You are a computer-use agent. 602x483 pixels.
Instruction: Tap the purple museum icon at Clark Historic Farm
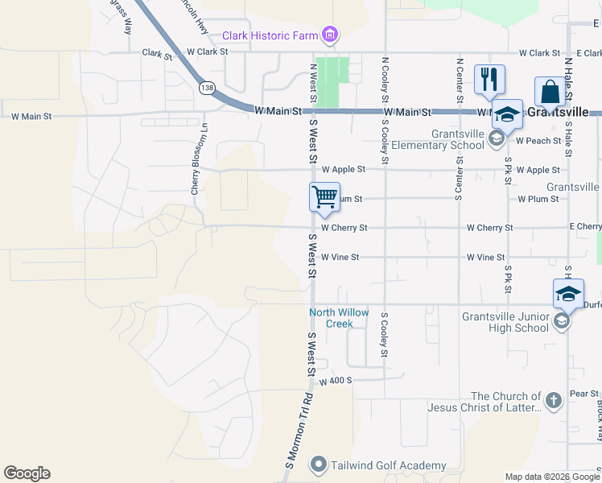coord(329,35)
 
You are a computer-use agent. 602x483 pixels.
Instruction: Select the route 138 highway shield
coord(208,88)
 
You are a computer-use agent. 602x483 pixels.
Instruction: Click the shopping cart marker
coord(324,196)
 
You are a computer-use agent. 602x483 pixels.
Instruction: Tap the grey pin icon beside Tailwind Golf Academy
coord(319,465)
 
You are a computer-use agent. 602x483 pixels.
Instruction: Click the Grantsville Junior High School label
coord(505,322)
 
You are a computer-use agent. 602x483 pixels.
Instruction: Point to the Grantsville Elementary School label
coord(437,139)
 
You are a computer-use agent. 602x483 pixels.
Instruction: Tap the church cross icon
coord(553,400)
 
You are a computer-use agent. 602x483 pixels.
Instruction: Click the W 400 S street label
coord(336,381)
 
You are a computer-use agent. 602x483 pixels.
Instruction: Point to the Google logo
coord(27,473)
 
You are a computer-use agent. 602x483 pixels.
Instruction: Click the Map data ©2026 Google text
coord(552,477)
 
